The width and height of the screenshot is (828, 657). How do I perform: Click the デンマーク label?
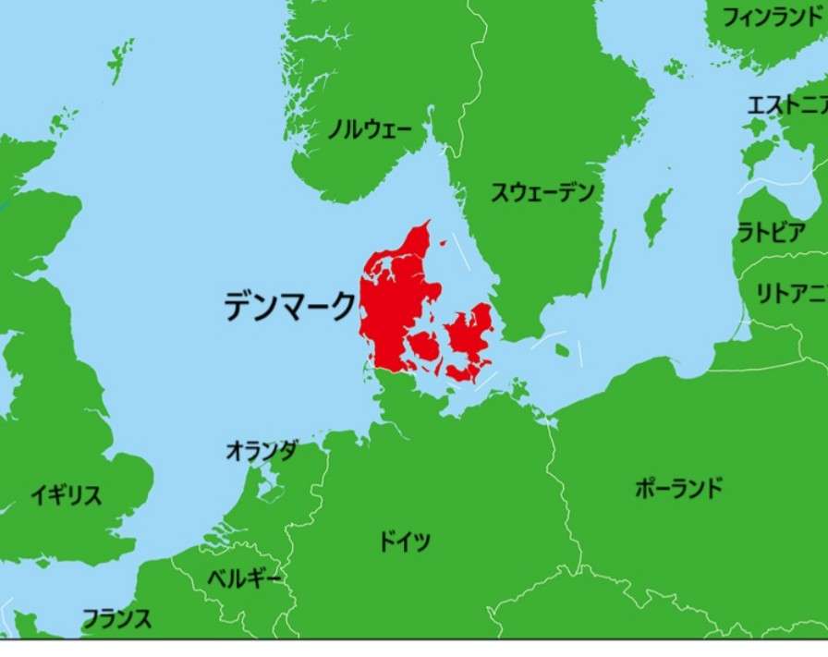pyautogui.click(x=289, y=305)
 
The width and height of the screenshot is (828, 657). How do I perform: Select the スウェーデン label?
pyautogui.click(x=542, y=193)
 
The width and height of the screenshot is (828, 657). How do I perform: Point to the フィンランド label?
pyautogui.click(x=772, y=18)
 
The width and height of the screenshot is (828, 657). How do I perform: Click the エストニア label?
pyautogui.click(x=785, y=105)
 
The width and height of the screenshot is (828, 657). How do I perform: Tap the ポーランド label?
pyautogui.click(x=679, y=488)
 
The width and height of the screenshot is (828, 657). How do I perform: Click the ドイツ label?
pyautogui.click(x=405, y=541)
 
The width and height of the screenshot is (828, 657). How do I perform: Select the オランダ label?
pyautogui.click(x=262, y=451)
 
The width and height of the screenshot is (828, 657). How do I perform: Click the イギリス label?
pyautogui.click(x=66, y=495)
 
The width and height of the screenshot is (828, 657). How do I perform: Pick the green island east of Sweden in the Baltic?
pyautogui.click(x=657, y=216)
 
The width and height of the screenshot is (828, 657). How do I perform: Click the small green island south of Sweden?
pyautogui.click(x=562, y=350)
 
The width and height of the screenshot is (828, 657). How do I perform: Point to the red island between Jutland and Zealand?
pyautogui.click(x=425, y=347)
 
